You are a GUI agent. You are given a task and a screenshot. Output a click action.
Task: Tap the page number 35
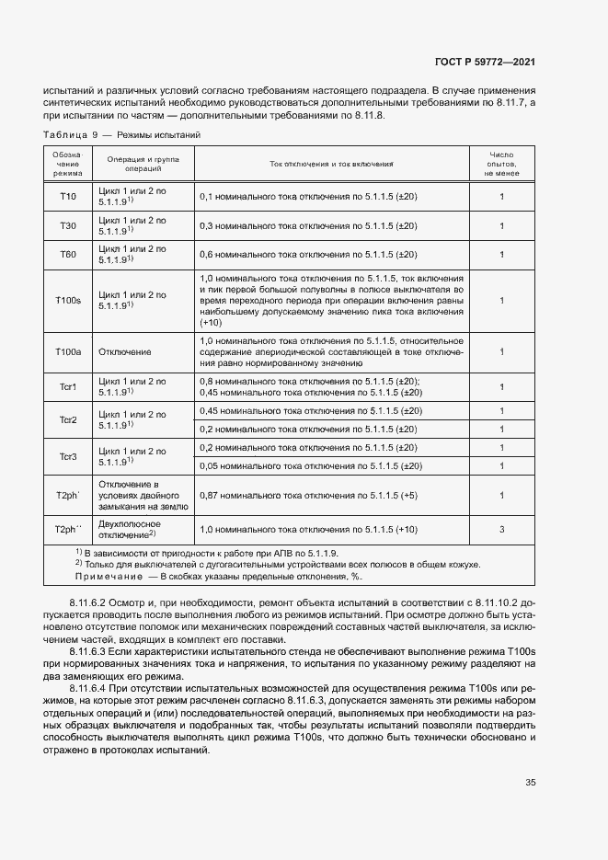point(531,783)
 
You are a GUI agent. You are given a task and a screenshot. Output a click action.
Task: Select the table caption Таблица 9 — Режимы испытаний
point(123,135)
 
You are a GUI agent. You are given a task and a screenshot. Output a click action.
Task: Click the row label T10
point(68,197)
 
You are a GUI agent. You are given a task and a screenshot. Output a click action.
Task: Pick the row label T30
point(68,225)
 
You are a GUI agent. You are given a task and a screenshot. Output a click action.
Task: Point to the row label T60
point(68,255)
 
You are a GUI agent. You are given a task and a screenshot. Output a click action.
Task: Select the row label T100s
point(68,301)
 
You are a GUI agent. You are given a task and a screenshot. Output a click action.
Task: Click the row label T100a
point(68,351)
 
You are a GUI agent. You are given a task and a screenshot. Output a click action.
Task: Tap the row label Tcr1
point(68,387)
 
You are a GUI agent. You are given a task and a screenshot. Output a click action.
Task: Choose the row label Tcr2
point(68,420)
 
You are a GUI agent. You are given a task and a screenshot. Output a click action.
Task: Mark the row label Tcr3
point(68,457)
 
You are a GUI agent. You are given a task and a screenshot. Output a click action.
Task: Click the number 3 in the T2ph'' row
point(501,530)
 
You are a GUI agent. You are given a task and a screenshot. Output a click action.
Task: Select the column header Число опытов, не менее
point(501,164)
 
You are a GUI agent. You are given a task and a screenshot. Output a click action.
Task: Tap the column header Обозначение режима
point(68,164)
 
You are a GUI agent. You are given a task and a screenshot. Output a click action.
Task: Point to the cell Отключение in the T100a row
point(125,351)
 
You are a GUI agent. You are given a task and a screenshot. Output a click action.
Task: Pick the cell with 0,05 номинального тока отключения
point(310,466)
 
